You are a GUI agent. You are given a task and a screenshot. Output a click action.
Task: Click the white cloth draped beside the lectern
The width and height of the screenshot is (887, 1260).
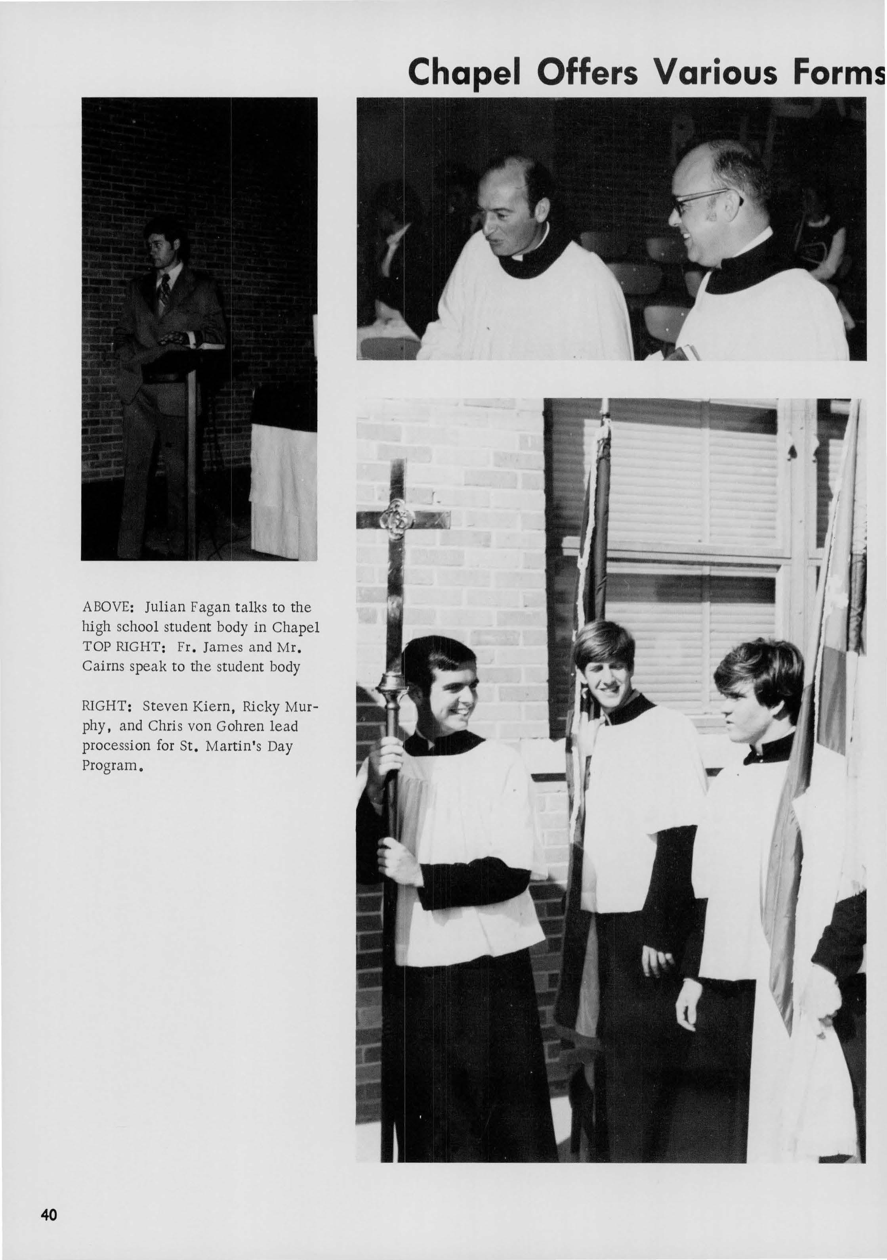[283, 491]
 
